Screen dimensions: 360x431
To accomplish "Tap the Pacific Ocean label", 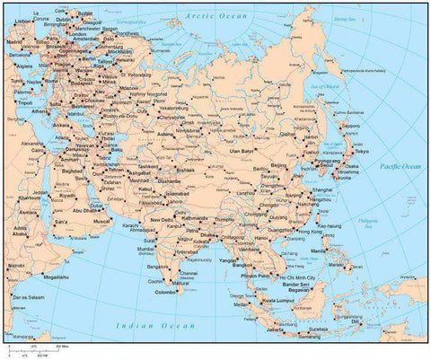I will (400, 166).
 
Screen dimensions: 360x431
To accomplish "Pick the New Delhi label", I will (162, 219).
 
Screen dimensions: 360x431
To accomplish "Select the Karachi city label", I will (133, 223).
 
